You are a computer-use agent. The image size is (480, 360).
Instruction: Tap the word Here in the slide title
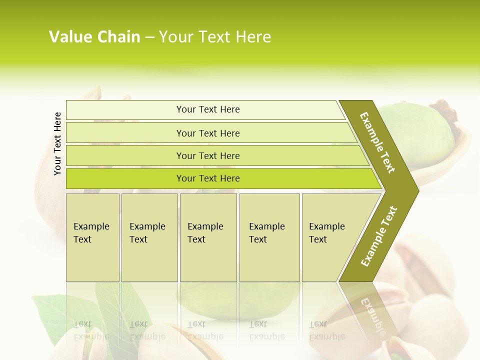[x=253, y=37]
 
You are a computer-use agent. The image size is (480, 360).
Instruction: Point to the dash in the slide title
[x=149, y=37]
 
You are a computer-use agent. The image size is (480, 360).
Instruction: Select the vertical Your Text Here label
[x=57, y=143]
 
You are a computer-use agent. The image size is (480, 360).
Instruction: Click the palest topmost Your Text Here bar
[x=208, y=109]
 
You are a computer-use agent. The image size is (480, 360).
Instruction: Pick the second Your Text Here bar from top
[x=208, y=133]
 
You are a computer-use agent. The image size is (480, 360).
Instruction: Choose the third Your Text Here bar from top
[x=208, y=155]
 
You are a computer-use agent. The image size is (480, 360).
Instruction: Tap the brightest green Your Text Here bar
[x=208, y=178]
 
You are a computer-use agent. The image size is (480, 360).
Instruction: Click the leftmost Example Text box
[x=92, y=237]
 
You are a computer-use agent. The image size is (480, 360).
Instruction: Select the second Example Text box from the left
[x=149, y=237]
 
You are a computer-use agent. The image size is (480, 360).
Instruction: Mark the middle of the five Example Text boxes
[x=208, y=237]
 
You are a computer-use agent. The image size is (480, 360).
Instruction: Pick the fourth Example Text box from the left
[x=269, y=237]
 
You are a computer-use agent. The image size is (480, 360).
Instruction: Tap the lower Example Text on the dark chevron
[x=378, y=236]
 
